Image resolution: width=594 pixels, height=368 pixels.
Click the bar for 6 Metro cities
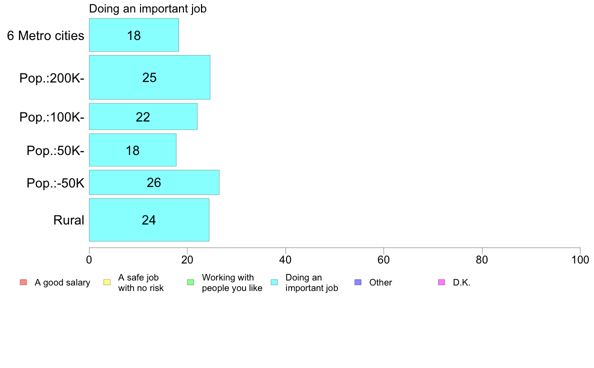click(x=133, y=35)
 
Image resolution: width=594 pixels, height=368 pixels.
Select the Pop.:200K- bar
click(x=149, y=77)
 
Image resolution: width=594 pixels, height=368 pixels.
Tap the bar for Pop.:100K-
click(x=143, y=116)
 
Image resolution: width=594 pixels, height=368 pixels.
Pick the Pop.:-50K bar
click(x=154, y=182)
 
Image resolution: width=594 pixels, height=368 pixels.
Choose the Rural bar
click(x=149, y=220)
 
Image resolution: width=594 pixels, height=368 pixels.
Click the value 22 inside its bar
click(x=143, y=117)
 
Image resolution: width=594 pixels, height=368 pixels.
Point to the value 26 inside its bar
click(x=154, y=182)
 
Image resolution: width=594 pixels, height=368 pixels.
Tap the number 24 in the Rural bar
click(x=149, y=220)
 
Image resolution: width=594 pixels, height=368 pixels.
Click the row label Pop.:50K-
click(x=55, y=151)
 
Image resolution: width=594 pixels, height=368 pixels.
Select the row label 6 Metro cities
click(x=45, y=35)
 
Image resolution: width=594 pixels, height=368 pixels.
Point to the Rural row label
click(x=68, y=220)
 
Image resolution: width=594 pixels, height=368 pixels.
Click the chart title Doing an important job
click(x=147, y=8)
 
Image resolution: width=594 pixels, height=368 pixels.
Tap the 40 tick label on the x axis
click(x=285, y=259)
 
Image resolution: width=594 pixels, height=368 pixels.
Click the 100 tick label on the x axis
click(x=580, y=259)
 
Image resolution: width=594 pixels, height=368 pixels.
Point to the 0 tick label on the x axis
click(x=89, y=259)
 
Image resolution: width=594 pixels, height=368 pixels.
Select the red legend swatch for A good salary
click(x=23, y=282)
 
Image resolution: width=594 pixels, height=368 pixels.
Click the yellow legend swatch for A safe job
click(x=107, y=282)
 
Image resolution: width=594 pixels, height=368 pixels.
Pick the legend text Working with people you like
click(x=232, y=282)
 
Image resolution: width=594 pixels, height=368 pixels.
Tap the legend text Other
click(x=380, y=282)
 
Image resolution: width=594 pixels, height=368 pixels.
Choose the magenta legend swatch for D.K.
click(x=441, y=282)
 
